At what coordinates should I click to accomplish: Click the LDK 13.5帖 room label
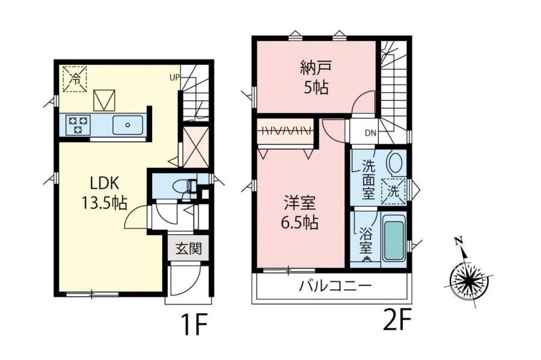click(103, 193)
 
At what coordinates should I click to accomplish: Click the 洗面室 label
click(367, 178)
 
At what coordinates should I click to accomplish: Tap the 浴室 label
click(365, 240)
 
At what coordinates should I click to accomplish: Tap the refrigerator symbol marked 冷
click(75, 79)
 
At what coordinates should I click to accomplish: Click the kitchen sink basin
click(127, 125)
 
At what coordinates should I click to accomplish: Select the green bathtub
click(393, 240)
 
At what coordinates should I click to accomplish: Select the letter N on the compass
click(459, 241)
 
